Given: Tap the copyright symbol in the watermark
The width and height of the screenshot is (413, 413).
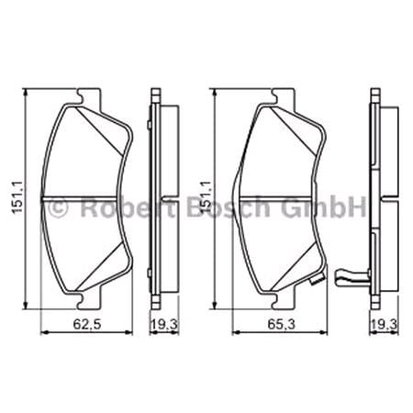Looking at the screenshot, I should pos(57,208).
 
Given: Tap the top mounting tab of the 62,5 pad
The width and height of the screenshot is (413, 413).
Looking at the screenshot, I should pos(90,95).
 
